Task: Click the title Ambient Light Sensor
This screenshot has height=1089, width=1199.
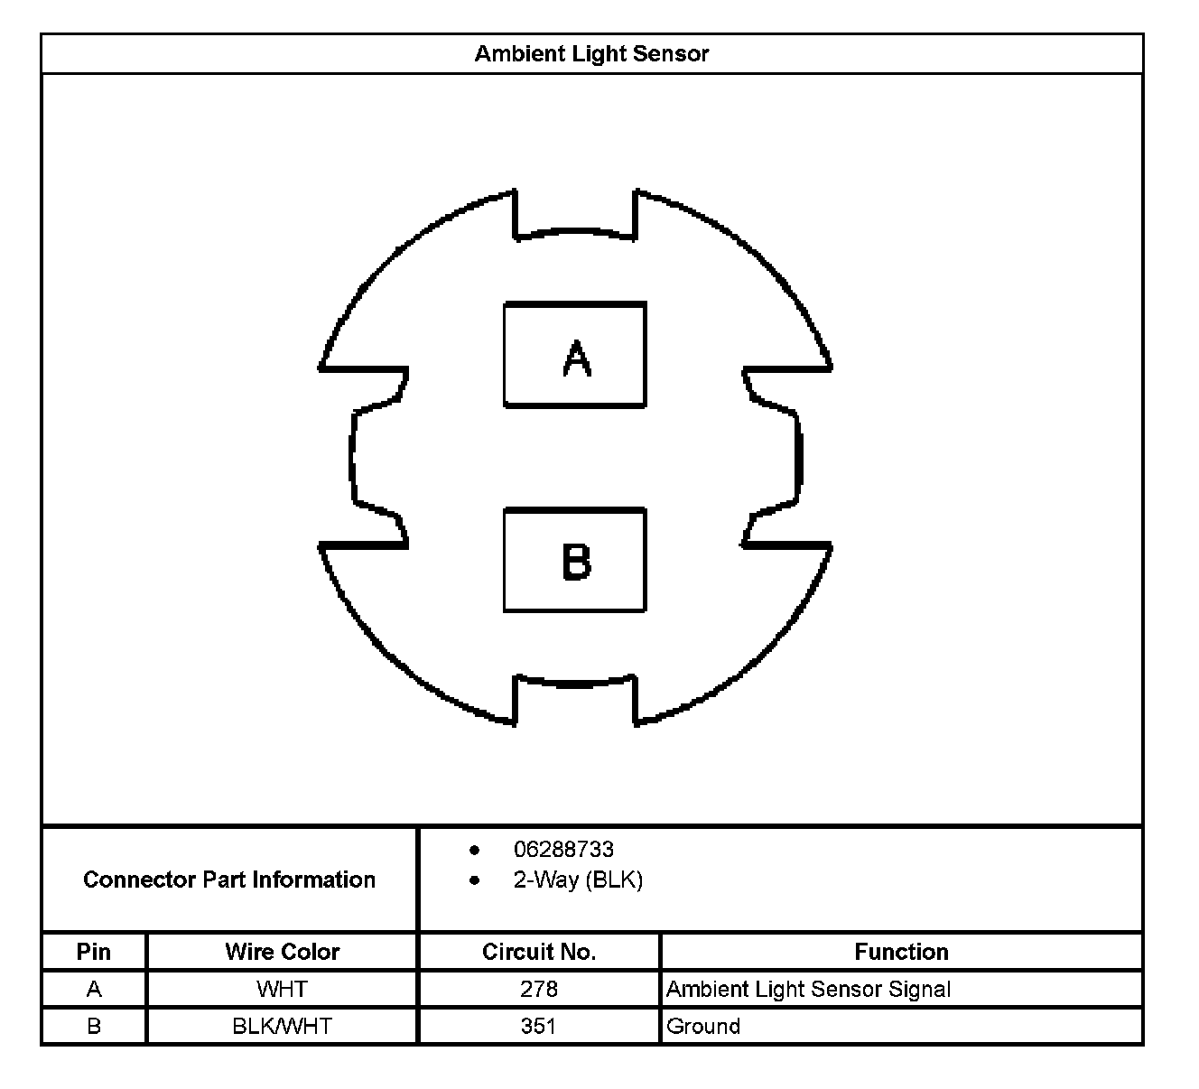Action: [591, 54]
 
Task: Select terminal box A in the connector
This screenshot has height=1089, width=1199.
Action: [574, 355]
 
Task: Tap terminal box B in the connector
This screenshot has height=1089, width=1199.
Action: [574, 560]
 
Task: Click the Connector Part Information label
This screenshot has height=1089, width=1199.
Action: [229, 880]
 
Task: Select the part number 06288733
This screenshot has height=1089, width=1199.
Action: [563, 850]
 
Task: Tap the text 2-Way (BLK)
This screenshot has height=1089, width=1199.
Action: [578, 880]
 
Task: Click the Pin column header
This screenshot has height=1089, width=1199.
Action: [94, 952]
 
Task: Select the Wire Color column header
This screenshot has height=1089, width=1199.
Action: [282, 952]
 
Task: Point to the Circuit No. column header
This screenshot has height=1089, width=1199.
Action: [539, 952]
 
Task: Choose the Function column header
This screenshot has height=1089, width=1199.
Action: [901, 952]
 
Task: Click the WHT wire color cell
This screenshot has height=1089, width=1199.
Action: [282, 989]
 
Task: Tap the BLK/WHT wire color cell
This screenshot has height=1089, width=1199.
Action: [282, 1026]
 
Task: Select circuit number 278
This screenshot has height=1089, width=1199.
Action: [539, 989]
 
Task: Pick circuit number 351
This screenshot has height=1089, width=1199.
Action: [539, 1026]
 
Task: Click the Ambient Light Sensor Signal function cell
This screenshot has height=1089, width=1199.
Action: [808, 989]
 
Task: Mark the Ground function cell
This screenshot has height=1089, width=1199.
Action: [703, 1026]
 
